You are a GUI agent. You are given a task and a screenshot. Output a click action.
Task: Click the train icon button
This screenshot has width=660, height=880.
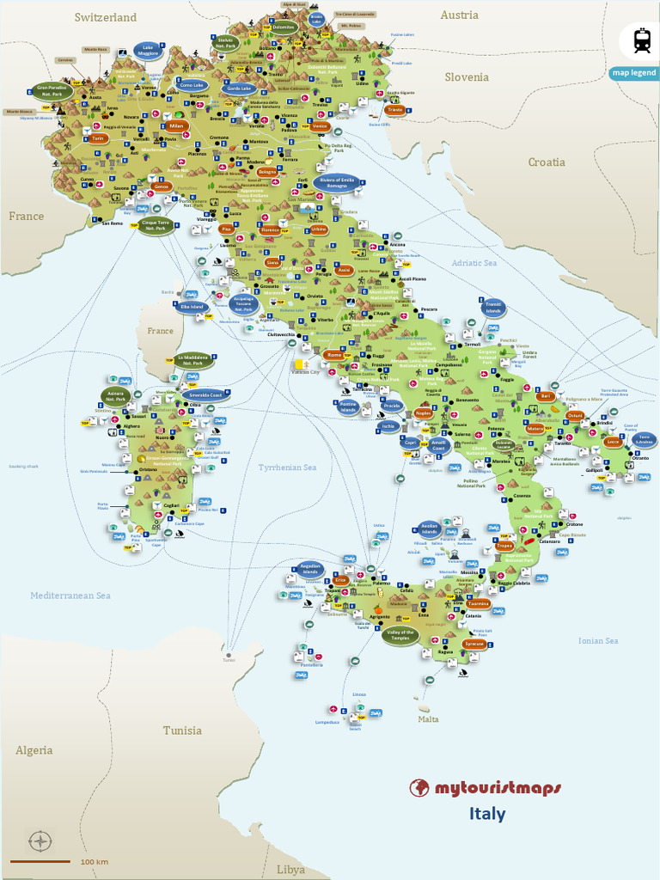tap(641, 40)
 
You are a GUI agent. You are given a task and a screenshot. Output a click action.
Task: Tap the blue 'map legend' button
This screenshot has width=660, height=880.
tap(634, 73)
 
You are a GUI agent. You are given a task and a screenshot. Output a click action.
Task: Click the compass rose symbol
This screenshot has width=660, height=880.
tap(40, 840)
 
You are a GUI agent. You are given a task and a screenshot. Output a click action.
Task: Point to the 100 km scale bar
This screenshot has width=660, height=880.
tap(40, 861)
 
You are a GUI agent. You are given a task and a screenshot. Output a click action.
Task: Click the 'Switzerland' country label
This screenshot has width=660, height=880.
tap(105, 17)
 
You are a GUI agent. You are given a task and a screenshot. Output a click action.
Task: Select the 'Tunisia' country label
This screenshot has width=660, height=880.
tap(182, 730)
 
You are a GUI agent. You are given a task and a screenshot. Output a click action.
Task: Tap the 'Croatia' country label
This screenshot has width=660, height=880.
tap(547, 162)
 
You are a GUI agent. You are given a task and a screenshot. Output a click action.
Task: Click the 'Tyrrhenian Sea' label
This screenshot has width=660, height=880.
tap(287, 467)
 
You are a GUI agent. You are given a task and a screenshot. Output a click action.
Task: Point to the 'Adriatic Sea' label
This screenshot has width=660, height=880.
tap(475, 263)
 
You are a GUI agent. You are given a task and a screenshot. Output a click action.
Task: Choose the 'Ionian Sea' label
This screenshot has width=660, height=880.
tap(598, 641)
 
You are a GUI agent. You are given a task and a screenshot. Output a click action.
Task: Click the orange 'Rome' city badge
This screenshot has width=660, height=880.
tap(334, 355)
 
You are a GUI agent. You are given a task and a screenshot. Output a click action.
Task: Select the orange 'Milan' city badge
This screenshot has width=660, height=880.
tap(176, 126)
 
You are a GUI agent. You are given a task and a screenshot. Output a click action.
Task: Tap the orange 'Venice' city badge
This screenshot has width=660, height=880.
tap(320, 126)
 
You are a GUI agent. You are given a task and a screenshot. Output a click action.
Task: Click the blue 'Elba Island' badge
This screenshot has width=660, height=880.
tap(191, 307)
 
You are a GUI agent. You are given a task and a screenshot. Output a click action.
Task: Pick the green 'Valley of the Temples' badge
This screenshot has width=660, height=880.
tap(401, 635)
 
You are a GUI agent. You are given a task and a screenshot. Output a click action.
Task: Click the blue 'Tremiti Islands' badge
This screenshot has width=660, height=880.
tap(493, 307)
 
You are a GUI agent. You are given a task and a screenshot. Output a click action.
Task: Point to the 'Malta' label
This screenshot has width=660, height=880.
tap(428, 718)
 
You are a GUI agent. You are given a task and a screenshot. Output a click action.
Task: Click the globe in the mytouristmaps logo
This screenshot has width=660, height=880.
tap(419, 787)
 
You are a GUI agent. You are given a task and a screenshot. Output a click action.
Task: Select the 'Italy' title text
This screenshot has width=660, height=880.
tap(487, 814)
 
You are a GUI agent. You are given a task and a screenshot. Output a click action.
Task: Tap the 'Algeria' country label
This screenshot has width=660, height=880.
tap(34, 750)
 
